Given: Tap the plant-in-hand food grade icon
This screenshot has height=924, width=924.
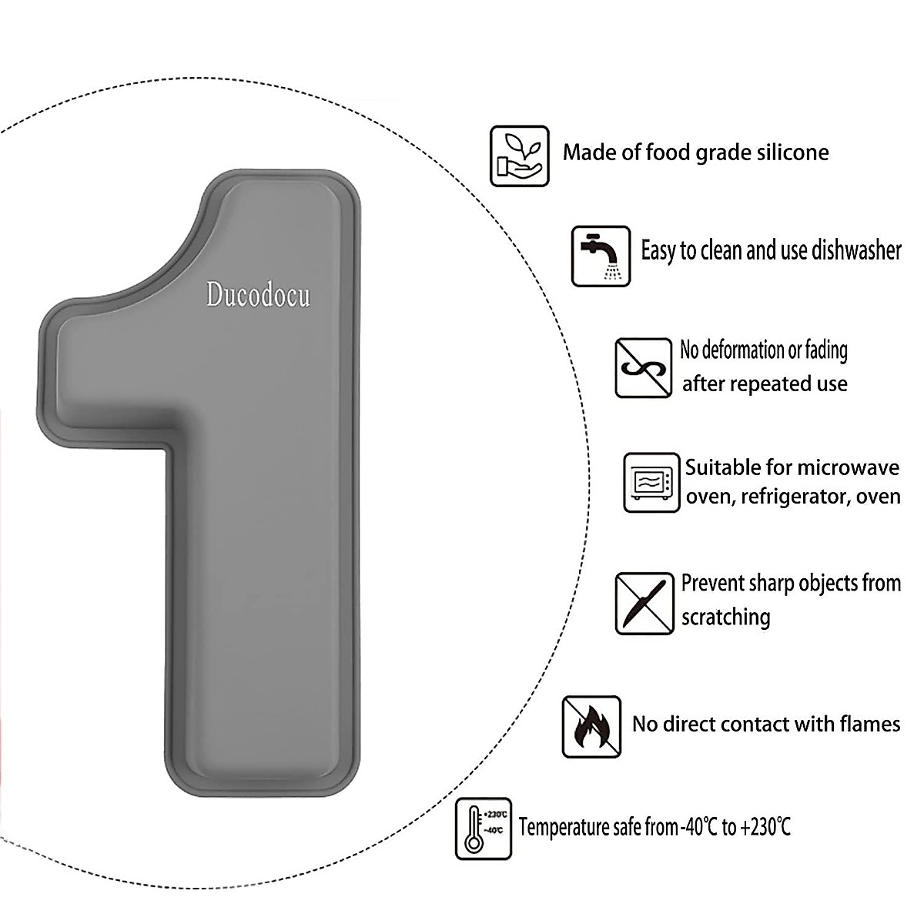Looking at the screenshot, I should (520, 156).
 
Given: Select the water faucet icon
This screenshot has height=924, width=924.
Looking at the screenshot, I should (601, 256).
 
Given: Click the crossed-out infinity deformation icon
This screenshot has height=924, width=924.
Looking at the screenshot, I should (644, 368).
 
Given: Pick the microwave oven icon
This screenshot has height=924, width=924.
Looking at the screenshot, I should (651, 483).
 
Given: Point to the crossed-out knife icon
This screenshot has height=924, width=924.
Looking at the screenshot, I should (644, 603).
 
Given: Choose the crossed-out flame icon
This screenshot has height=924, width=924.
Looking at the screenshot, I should (591, 726).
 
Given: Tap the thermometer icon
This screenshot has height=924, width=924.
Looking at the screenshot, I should (483, 829).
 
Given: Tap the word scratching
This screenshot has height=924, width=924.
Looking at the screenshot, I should (725, 618).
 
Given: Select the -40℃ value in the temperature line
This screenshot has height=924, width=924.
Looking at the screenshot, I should (700, 828).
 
